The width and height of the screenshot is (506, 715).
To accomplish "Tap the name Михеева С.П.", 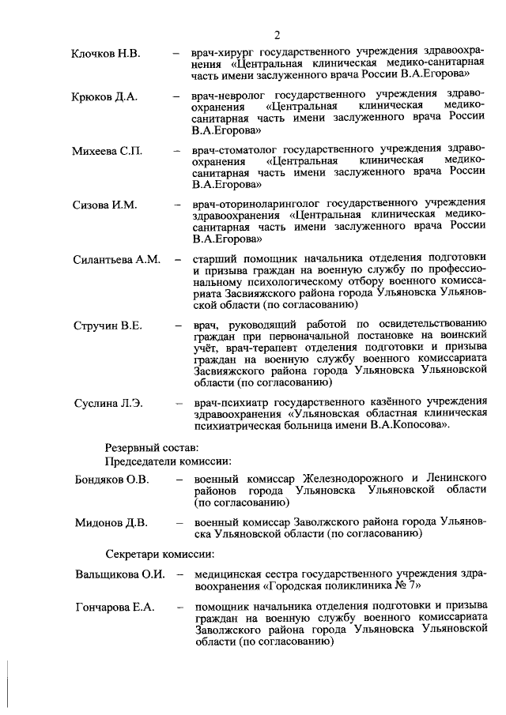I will coord(108,151).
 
